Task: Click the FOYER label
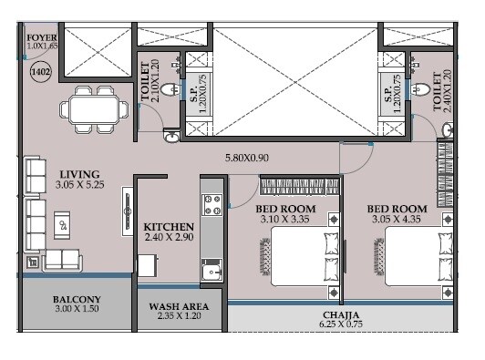tap(40, 36)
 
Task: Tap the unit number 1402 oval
tap(39, 70)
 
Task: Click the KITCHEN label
tap(169, 226)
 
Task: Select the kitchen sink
tap(212, 271)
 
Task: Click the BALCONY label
tap(77, 300)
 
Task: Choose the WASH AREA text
tap(179, 306)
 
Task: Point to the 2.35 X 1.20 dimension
tap(179, 317)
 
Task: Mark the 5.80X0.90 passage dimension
tap(253, 159)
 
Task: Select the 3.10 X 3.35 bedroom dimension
tap(284, 219)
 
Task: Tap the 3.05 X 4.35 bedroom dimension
tap(399, 219)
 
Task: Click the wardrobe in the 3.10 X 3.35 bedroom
tap(295, 188)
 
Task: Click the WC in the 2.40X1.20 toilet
tap(421, 88)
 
